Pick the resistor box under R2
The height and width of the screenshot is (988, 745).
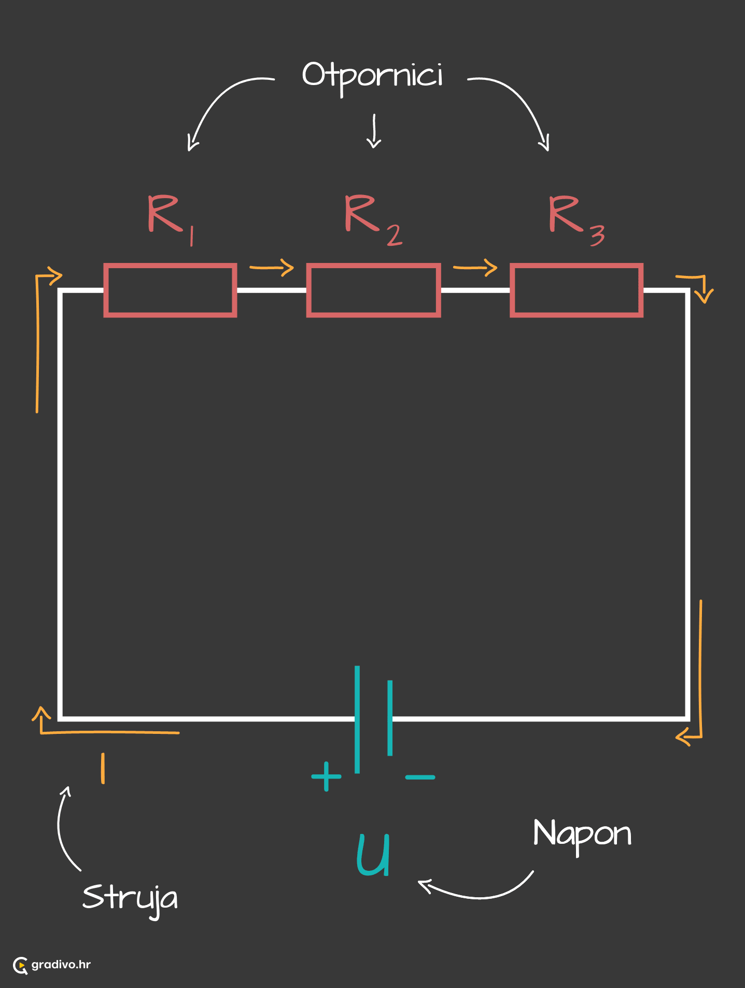[308, 290]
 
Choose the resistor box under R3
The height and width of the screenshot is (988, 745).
[512, 290]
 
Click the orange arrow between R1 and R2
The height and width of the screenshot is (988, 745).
[272, 268]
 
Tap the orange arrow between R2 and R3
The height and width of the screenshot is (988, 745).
[475, 268]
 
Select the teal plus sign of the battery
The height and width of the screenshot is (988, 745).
[326, 776]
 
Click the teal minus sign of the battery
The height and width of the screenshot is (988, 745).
[420, 777]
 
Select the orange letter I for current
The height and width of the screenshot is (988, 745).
[103, 768]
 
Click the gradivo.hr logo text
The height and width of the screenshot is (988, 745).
[61, 965]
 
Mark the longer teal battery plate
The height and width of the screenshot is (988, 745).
[357, 719]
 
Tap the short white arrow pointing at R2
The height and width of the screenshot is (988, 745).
[374, 131]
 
